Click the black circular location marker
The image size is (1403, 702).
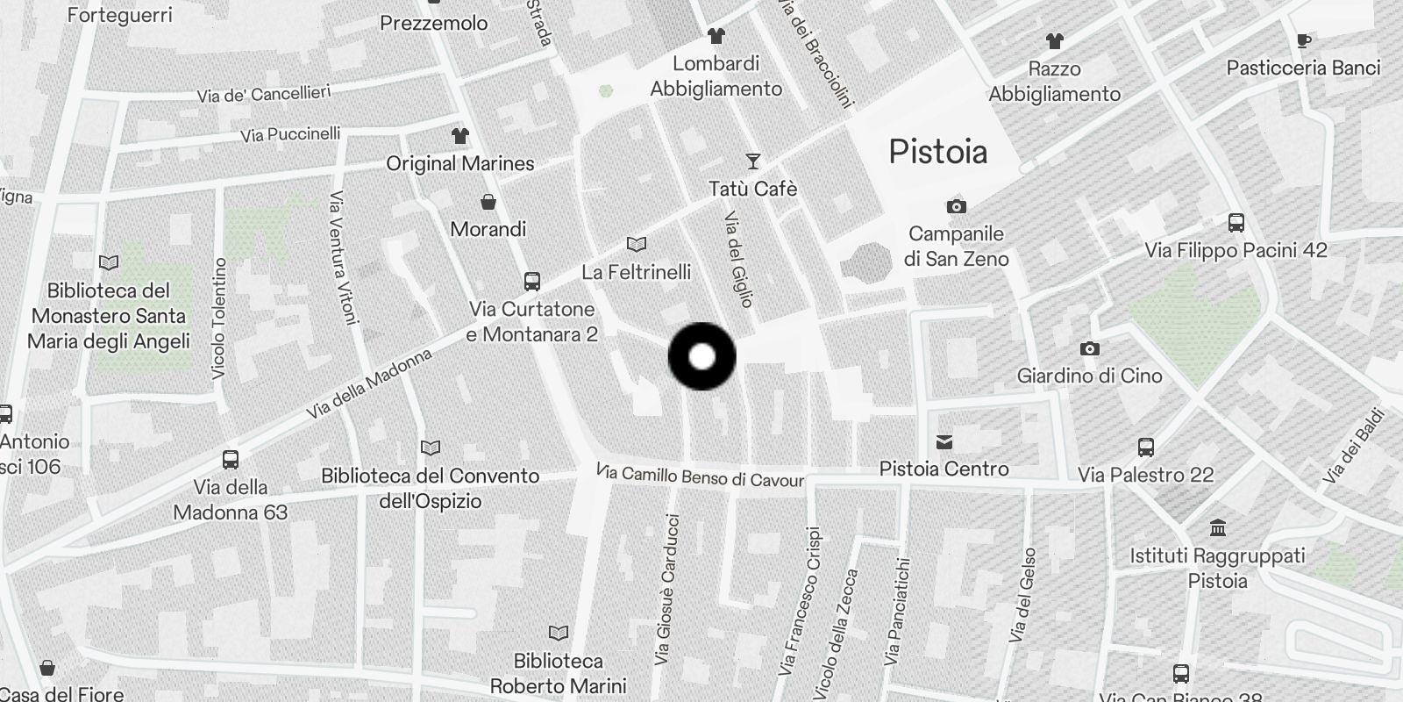tap(701, 356)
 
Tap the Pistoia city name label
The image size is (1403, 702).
tap(937, 152)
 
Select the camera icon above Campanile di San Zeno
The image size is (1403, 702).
tap(956, 207)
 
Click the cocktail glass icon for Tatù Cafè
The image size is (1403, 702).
tap(752, 161)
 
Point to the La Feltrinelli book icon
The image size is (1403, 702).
tap(637, 245)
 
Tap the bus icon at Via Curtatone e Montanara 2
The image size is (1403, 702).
tap(531, 282)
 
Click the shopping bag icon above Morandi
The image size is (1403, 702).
tap(488, 202)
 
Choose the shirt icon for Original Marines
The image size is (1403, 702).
tap(459, 136)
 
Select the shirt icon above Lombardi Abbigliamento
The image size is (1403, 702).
tap(716, 36)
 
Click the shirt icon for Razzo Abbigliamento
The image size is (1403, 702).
tap(1054, 41)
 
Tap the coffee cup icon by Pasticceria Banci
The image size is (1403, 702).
tap(1304, 40)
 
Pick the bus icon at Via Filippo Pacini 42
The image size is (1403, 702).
tap(1236, 223)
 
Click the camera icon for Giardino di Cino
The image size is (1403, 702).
tap(1089, 348)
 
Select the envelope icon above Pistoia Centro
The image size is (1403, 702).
tap(944, 441)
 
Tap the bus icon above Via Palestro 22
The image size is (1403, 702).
tap(1145, 448)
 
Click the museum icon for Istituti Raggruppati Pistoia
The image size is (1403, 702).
tap(1217, 528)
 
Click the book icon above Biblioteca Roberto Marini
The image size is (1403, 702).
tap(558, 633)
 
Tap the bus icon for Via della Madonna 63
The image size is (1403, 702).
tap(230, 459)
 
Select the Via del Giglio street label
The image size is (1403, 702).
tap(739, 259)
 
